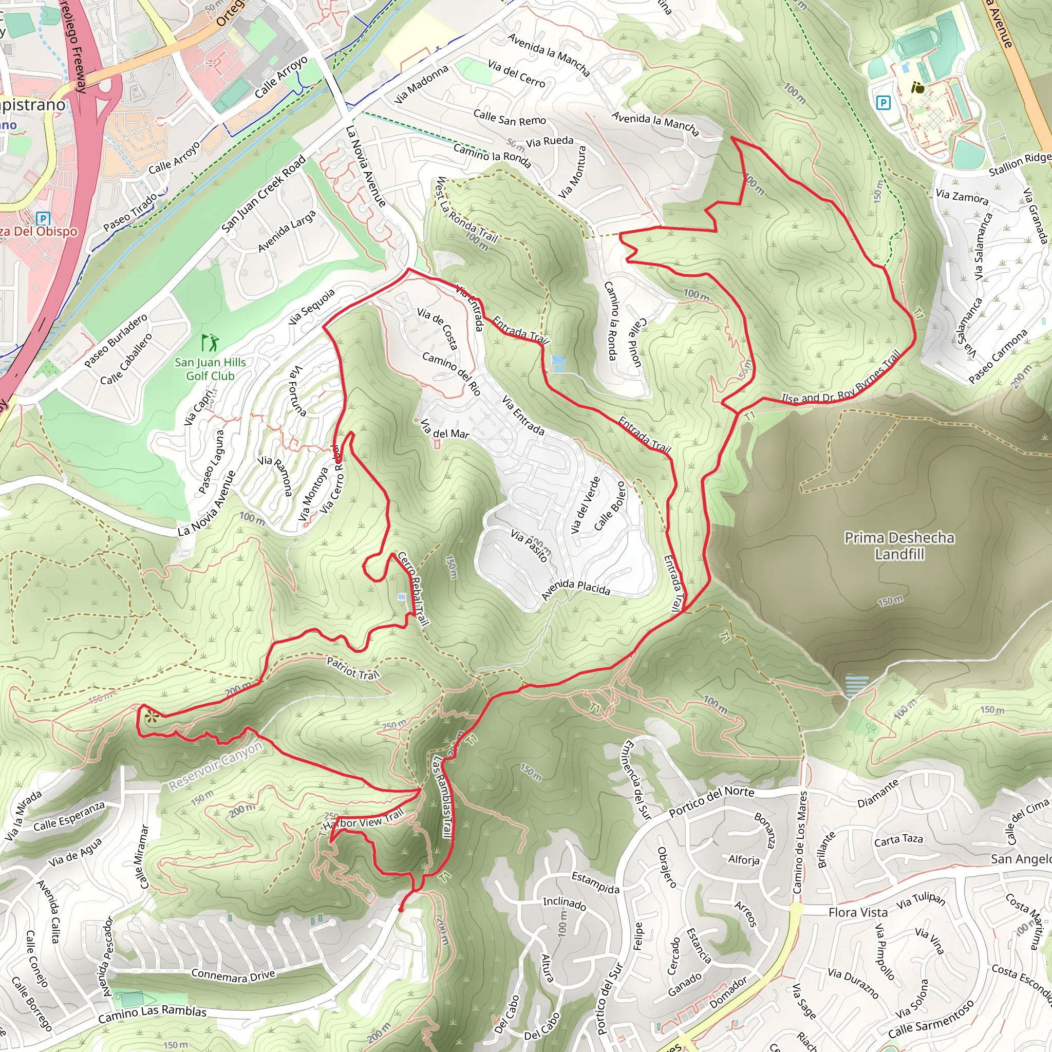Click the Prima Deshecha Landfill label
pyautogui.click(x=899, y=546)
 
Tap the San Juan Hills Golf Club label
pyautogui.click(x=210, y=369)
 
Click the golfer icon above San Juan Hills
pyautogui.click(x=210, y=343)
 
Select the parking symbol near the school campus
pyautogui.click(x=883, y=102)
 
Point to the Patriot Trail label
pyautogui.click(x=352, y=668)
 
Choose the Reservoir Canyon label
pyautogui.click(x=216, y=765)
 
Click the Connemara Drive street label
pyautogui.click(x=233, y=975)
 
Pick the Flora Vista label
pyautogui.click(x=858, y=912)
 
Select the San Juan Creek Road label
pyautogui.click(x=264, y=194)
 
